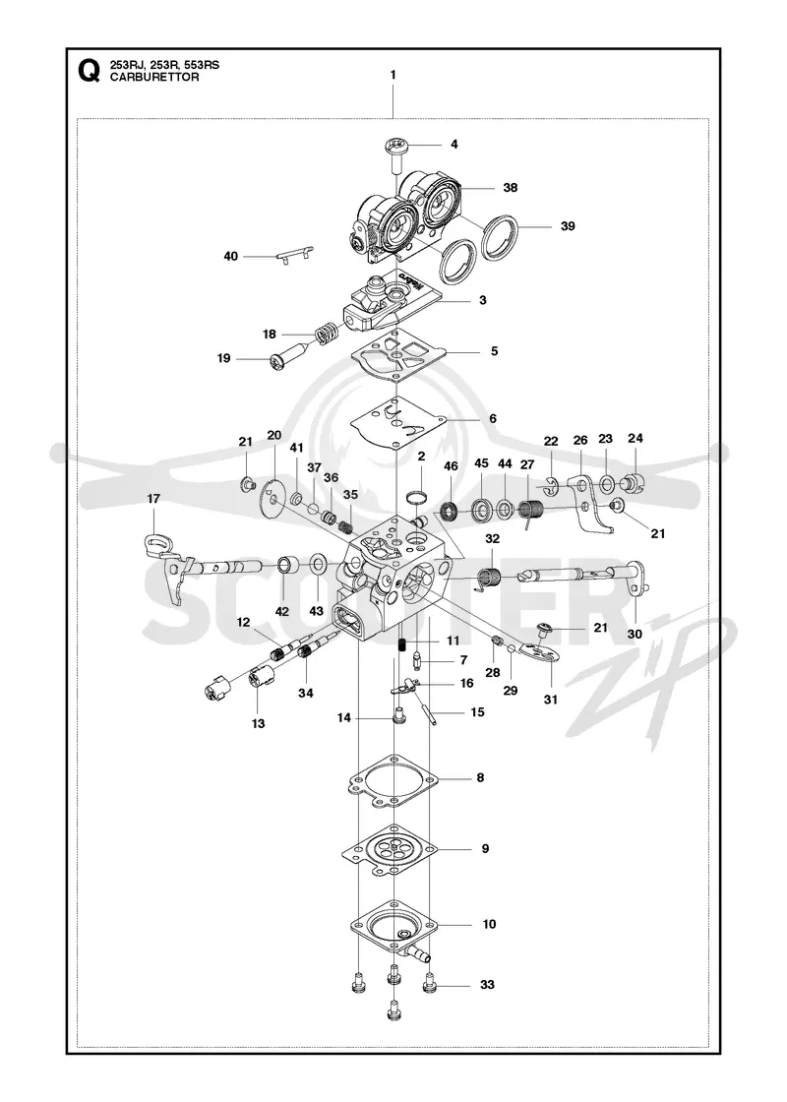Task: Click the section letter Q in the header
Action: [x=89, y=71]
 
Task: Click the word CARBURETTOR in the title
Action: [x=154, y=78]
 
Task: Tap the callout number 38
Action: [x=511, y=188]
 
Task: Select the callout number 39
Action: [x=568, y=225]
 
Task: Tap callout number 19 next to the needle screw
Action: [x=223, y=358]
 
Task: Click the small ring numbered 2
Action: [x=417, y=498]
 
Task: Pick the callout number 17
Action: [x=153, y=498]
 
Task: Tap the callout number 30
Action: [x=635, y=634]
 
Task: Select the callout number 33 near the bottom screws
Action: [x=488, y=985]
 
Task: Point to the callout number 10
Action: [x=489, y=924]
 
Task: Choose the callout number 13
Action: [x=259, y=723]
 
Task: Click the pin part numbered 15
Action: [x=428, y=706]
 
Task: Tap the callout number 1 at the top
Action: [x=393, y=75]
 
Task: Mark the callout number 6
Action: [x=493, y=418]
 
